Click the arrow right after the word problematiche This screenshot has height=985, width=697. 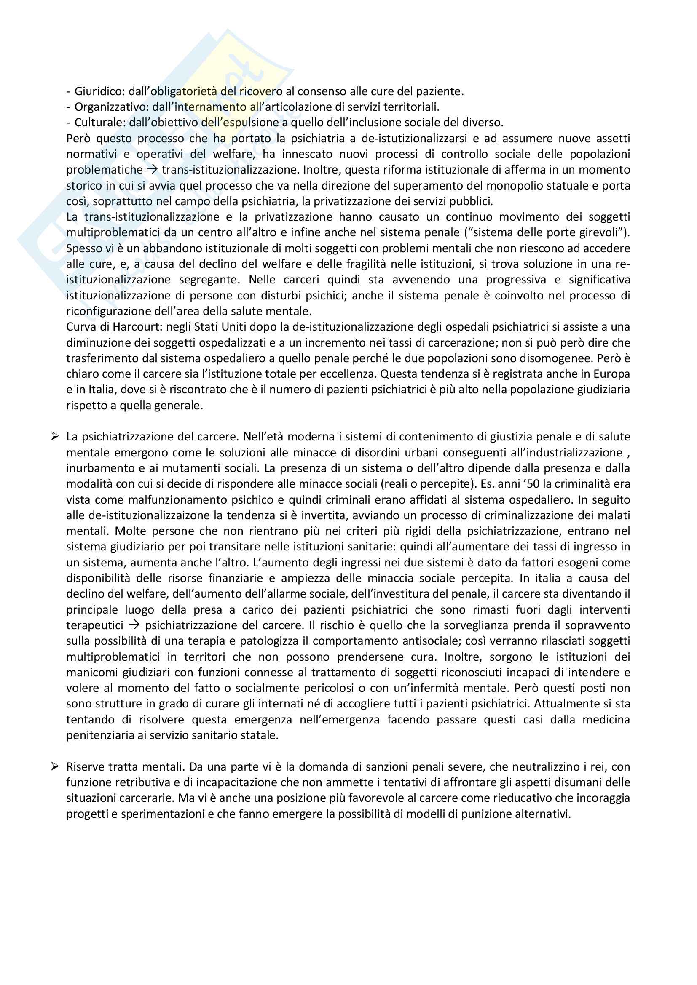[152, 170]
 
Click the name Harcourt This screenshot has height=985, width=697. [134, 327]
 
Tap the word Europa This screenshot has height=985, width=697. [611, 374]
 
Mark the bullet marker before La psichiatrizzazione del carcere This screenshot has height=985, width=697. [54, 437]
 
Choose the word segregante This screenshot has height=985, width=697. [209, 280]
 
